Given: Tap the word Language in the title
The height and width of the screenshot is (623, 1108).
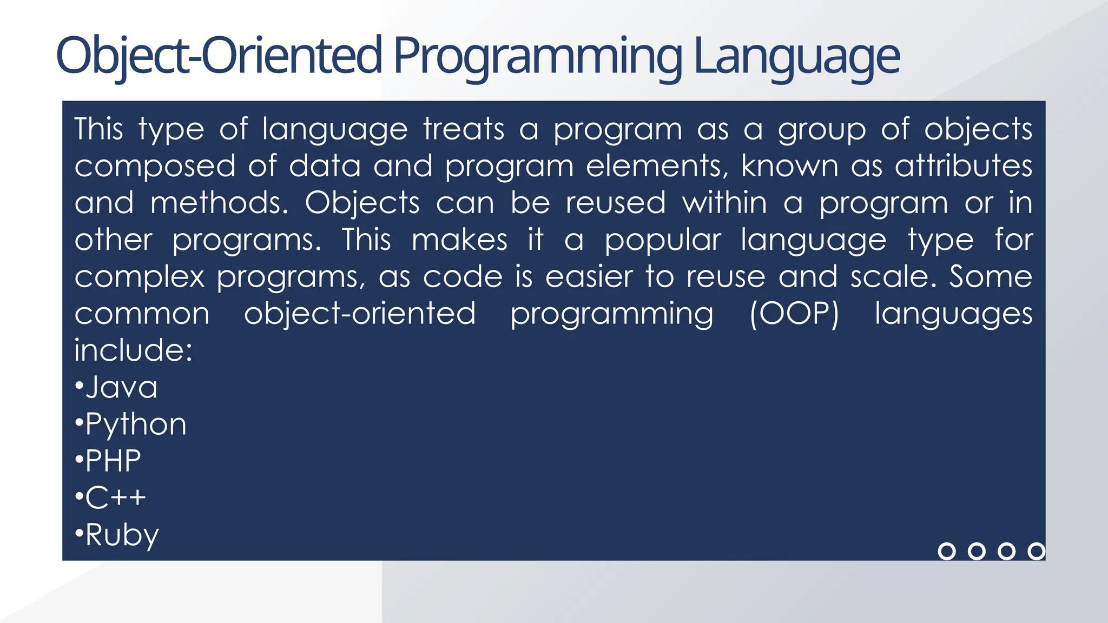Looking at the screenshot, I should (x=796, y=56).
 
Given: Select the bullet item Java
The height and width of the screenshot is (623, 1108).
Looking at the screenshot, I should (x=121, y=387).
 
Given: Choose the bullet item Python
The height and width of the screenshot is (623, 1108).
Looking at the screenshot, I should (x=135, y=425).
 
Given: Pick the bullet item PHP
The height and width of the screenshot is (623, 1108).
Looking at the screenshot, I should (x=113, y=461).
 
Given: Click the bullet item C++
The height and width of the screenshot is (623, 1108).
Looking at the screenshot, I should (x=115, y=498).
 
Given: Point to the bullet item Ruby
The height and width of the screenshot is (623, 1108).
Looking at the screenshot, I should (x=122, y=535).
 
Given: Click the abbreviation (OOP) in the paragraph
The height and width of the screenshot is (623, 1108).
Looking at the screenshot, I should (x=794, y=314).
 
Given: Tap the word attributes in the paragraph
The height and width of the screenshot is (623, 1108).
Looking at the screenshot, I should (x=964, y=166).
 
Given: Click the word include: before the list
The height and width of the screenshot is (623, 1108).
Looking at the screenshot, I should (x=133, y=350).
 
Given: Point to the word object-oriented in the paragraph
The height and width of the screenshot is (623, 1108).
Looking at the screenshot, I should (x=360, y=314).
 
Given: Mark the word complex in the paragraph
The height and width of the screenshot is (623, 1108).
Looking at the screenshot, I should (x=139, y=277).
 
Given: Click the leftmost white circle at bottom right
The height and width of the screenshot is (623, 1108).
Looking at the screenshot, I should (x=946, y=551).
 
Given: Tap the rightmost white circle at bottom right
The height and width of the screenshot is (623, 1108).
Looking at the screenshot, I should (x=1036, y=551).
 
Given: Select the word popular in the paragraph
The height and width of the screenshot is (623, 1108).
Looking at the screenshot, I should (x=663, y=240).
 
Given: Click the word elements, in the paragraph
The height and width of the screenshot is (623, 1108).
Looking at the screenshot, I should (x=657, y=166).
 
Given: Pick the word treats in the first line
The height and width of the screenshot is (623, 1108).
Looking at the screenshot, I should (x=464, y=129).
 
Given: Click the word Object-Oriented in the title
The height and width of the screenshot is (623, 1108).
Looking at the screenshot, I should (x=219, y=56).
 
